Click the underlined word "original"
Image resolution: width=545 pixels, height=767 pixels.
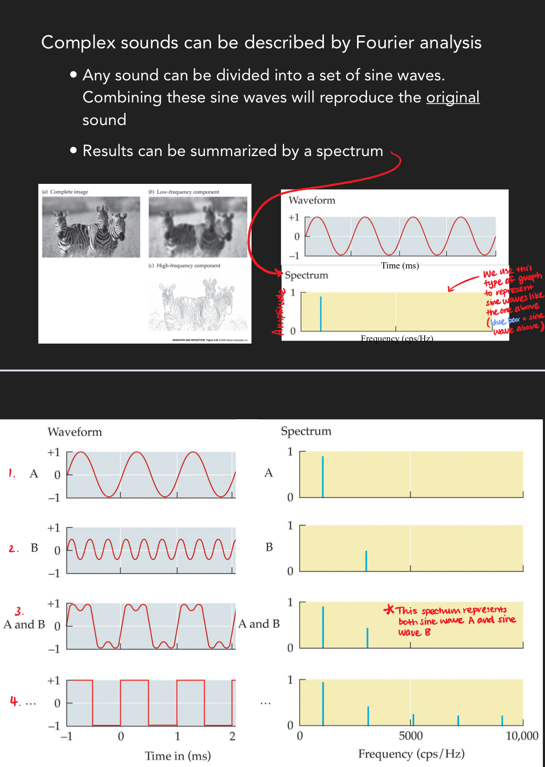tap(453, 97)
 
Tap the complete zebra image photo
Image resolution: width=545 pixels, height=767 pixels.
tap(91, 227)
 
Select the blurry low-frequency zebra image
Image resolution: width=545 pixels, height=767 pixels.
tap(197, 227)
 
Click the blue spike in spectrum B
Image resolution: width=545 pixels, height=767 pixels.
tap(366, 561)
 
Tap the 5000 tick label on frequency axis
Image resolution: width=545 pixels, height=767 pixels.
tap(411, 735)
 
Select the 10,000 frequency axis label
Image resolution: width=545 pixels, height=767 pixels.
tap(522, 735)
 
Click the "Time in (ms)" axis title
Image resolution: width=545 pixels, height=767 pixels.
tap(177, 755)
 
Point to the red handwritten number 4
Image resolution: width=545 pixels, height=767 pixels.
tap(15, 701)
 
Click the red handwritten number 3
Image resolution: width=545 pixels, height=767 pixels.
tap(19, 611)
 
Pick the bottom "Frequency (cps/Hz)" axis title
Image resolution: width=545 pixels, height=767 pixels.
tap(411, 754)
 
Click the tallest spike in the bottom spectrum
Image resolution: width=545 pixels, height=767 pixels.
tap(323, 703)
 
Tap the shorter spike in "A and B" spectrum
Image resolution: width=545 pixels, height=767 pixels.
tap(368, 637)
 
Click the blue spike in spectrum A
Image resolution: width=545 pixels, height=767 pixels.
tap(323, 476)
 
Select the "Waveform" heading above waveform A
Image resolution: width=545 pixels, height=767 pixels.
tap(75, 432)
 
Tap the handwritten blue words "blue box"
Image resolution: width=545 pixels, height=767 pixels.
tap(505, 320)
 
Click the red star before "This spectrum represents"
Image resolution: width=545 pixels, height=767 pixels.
tap(389, 609)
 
